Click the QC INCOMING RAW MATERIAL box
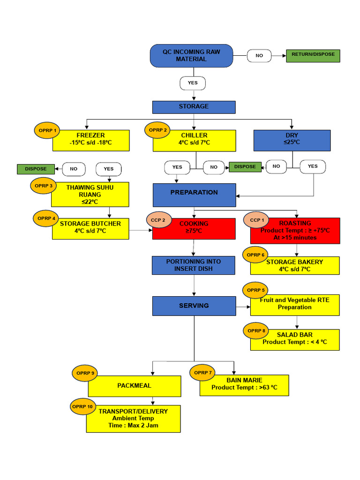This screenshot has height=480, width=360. [191, 56]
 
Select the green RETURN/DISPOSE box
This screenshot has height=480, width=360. [313, 56]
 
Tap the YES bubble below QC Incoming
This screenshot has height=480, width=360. [193, 83]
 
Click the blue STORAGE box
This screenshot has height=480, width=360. [194, 107]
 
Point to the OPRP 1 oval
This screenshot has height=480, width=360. [47, 130]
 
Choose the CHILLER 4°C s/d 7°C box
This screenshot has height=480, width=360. [194, 141]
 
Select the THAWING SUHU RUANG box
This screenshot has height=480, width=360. [90, 195]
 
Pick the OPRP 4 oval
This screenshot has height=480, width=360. [47, 218]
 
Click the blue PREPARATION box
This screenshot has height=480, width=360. [195, 195]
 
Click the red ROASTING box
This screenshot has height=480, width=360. [295, 231]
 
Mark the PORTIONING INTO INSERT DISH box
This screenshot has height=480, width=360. [193, 265]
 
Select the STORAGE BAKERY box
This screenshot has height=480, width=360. [295, 266]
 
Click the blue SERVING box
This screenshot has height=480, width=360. [194, 306]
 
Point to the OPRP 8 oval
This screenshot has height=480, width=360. [256, 331]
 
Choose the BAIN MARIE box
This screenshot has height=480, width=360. [244, 385]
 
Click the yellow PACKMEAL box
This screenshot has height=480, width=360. [135, 386]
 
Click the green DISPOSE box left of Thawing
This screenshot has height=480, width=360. [36, 169]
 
